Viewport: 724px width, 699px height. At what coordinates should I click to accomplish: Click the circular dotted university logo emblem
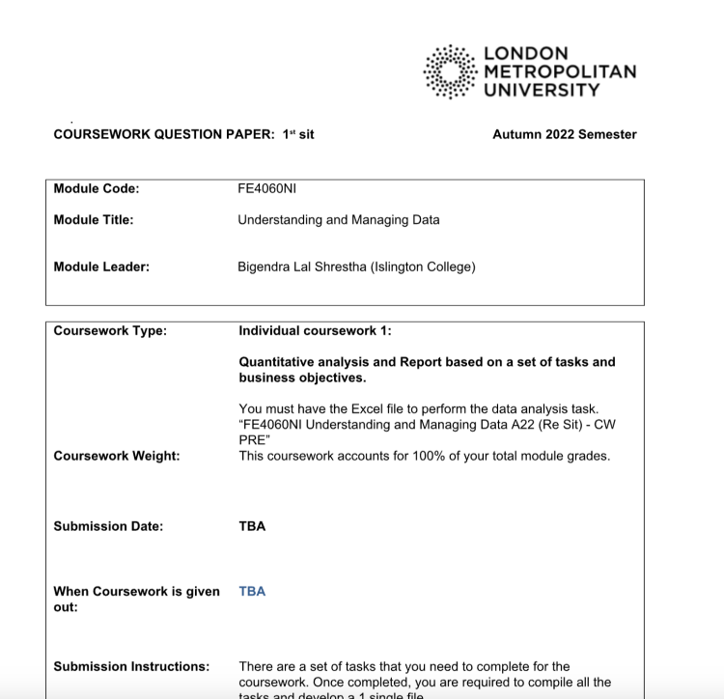coord(451,71)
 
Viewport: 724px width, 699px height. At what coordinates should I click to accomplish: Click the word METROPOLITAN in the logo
coord(560,72)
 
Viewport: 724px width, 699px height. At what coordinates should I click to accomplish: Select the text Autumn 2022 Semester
coord(564,135)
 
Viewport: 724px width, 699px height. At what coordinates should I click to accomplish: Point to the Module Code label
coord(97,188)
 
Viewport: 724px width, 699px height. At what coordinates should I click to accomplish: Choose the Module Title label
coord(94,219)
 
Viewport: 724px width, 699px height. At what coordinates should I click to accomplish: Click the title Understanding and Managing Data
coord(338,219)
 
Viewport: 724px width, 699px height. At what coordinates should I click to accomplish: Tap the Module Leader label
coord(101,266)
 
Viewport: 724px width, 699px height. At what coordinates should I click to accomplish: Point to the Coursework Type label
coord(110,331)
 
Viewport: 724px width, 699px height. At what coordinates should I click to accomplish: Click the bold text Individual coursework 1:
coord(315,331)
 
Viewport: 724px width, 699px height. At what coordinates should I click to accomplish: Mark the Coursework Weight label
coord(117,456)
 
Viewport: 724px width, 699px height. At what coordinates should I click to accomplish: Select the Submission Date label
coord(108,526)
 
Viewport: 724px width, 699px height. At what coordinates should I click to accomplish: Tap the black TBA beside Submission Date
coord(252,526)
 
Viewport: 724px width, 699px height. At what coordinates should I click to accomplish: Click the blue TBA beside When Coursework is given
coord(252,592)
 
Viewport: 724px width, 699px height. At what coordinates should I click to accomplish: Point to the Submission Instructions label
coord(131,666)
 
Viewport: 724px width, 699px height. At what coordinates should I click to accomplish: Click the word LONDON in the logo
coord(526,54)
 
